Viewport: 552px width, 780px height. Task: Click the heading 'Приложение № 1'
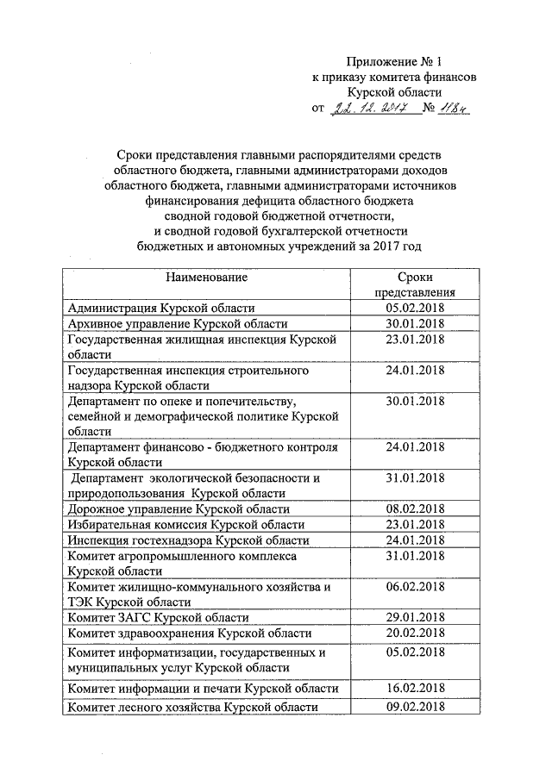393,61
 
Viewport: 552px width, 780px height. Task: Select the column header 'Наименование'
207,278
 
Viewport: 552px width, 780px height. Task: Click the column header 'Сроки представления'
415,284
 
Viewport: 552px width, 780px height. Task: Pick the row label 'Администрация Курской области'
161,308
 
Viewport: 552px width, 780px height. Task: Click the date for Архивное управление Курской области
415,323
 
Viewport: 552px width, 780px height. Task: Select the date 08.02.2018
415,509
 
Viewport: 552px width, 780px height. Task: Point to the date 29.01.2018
415,618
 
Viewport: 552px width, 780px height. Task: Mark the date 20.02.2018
415,633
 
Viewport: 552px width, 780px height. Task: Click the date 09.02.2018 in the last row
415,707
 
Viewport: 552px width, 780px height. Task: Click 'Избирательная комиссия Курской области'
185,525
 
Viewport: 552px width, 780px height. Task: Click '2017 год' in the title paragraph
393,246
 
